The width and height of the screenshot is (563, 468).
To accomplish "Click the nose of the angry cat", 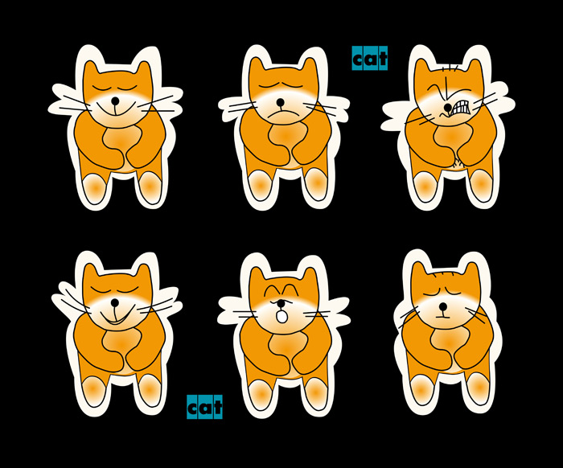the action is coord(447,107).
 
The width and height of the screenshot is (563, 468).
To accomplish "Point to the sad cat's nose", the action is coord(281,103).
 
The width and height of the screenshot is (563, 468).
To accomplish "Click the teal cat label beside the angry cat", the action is coord(370,58).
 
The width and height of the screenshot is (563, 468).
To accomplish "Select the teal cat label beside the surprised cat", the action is coord(204,407).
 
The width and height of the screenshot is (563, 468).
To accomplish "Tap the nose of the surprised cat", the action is coord(281,304).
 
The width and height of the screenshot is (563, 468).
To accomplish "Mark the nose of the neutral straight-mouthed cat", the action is coord(443,307).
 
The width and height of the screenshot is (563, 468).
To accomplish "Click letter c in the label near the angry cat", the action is coord(358,60).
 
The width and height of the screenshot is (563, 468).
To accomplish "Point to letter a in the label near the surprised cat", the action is coord(204,408).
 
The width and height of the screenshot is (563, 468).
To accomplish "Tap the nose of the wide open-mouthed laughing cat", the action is coord(114,303).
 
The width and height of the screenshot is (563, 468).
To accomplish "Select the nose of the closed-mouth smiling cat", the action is coord(115,101).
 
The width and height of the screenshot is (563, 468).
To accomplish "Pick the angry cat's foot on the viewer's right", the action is coord(482,186).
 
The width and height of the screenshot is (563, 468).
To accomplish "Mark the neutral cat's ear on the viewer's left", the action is coord(420,272).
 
